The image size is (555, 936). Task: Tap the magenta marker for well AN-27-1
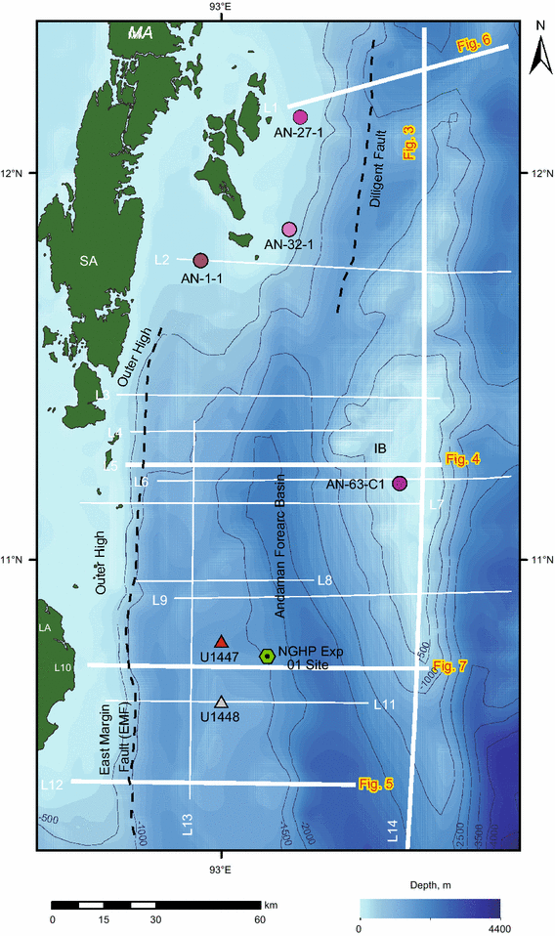click(300, 117)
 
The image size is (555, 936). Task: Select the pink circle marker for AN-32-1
click(289, 230)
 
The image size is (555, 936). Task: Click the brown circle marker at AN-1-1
click(201, 260)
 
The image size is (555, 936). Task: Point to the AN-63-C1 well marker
click(399, 484)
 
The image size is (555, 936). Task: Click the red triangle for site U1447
click(222, 641)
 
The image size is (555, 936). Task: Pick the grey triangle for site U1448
click(222, 702)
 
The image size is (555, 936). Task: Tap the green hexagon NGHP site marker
click(267, 657)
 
